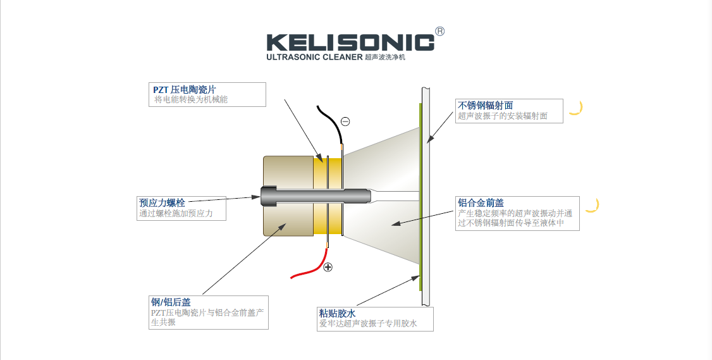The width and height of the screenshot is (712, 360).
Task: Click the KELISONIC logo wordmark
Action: pos(350,42)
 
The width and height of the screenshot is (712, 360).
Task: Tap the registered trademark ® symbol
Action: pos(440,31)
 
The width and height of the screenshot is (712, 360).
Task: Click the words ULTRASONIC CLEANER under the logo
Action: pos(314,58)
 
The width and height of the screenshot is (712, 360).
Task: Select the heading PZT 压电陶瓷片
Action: pos(188,89)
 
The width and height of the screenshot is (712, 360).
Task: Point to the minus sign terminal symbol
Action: pos(345,121)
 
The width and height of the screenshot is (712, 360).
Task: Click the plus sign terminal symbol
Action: pos(328,267)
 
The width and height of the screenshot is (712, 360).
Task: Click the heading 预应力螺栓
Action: pos(162,202)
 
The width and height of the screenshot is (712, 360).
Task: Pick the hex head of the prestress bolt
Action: pos(266,197)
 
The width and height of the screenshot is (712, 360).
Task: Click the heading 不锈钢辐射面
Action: pos(485,105)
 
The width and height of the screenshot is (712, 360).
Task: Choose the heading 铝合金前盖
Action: pos(481,202)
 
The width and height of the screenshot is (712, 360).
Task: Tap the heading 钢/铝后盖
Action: pos(170,302)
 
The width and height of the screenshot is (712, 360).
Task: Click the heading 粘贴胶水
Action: pos(338,313)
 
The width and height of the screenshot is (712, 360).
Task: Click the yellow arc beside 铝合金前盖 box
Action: pos(592,205)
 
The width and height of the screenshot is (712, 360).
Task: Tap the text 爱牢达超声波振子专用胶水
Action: pos(368,324)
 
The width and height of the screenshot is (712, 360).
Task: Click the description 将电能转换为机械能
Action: pos(191,99)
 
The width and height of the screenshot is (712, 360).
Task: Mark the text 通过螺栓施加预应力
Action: pos(176,213)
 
